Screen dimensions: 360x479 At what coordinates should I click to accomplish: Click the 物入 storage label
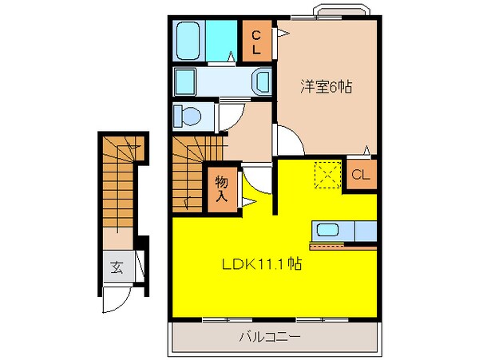[x=223, y=189]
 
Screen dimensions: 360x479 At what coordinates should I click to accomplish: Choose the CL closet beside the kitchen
[x=361, y=176]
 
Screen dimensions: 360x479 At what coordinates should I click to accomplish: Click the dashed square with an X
[x=326, y=175]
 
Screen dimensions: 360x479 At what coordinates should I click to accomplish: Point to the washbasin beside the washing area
[x=261, y=81]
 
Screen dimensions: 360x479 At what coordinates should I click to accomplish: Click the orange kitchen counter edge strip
[x=343, y=247]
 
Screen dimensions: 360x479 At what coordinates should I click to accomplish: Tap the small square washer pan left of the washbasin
[x=185, y=81]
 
